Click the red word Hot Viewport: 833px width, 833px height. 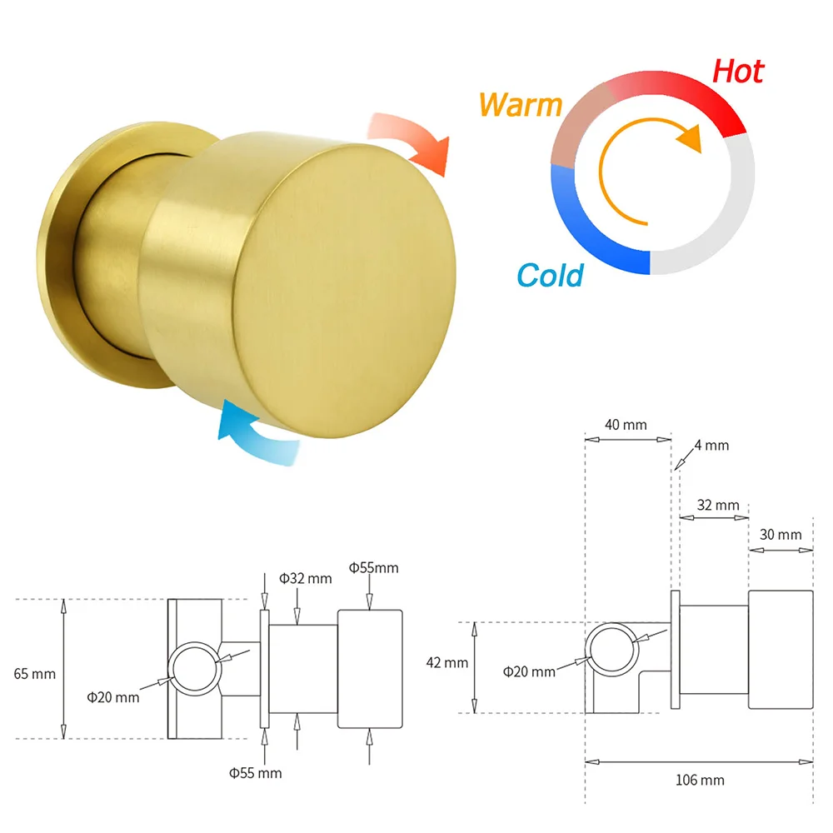pyautogui.click(x=738, y=72)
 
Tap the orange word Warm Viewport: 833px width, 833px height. pyautogui.click(x=520, y=105)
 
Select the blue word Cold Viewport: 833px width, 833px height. pyautogui.click(x=551, y=275)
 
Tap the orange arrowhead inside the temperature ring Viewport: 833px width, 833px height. pyautogui.click(x=690, y=138)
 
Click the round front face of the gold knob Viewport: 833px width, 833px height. pyautogui.click(x=344, y=291)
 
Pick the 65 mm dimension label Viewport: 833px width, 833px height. pyautogui.click(x=34, y=674)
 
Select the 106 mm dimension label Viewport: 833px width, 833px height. pyautogui.click(x=700, y=780)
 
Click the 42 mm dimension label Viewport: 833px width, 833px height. pyautogui.click(x=446, y=662)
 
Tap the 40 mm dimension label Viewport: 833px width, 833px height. pyautogui.click(x=626, y=425)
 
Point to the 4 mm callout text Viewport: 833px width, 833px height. pyautogui.click(x=712, y=445)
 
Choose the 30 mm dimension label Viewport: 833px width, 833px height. pyautogui.click(x=781, y=535)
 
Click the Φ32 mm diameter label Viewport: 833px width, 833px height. pyautogui.click(x=306, y=578)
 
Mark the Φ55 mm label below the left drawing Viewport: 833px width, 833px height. pyautogui.click(x=256, y=773)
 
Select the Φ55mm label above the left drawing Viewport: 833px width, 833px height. pyautogui.click(x=373, y=568)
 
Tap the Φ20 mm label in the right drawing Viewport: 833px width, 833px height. pyautogui.click(x=529, y=672)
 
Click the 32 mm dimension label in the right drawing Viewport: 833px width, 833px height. pyautogui.click(x=718, y=505)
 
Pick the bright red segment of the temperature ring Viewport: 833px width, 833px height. pyautogui.click(x=691, y=93)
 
